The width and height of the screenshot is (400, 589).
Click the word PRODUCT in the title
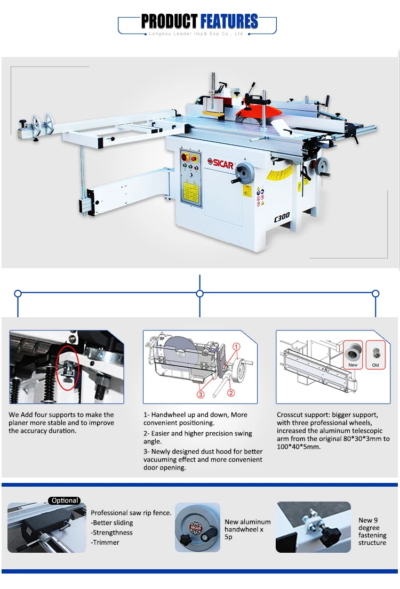169,22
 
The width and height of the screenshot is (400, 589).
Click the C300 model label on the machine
282,216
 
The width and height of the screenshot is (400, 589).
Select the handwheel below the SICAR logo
245,173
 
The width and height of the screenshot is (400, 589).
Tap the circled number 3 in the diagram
201,394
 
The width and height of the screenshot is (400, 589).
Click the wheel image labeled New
353,354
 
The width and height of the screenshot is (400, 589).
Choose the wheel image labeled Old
375,354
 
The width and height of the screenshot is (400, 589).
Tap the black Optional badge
65,501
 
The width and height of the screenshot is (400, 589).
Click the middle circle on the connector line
200,293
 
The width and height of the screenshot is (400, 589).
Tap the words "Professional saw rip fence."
131,513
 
